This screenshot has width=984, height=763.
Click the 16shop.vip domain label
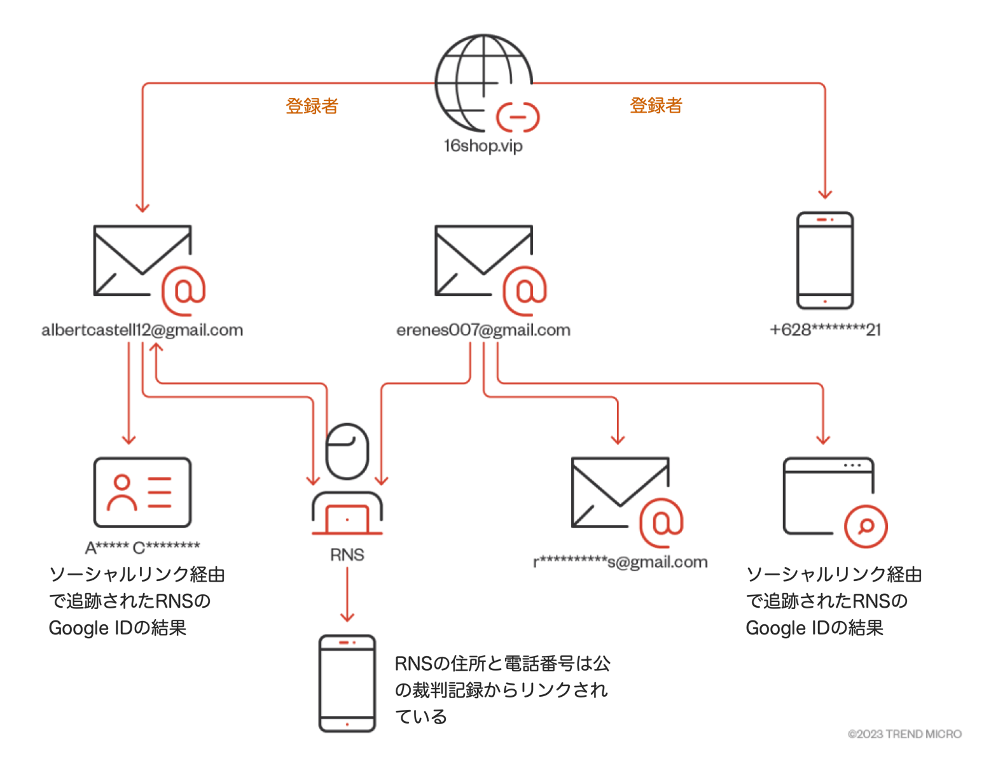click(x=483, y=146)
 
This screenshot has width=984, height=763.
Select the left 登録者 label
click(x=312, y=106)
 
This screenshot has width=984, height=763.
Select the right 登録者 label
click(x=656, y=106)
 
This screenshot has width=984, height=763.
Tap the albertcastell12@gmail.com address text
click(x=142, y=330)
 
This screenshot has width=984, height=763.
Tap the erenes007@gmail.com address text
click(x=483, y=330)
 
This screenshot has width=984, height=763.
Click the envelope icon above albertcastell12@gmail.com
click(x=142, y=261)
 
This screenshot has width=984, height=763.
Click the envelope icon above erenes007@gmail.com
click(x=483, y=261)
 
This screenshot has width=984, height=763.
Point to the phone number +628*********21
click(x=825, y=330)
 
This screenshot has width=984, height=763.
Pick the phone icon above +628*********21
click(x=825, y=260)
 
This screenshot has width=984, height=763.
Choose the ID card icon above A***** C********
click(x=142, y=493)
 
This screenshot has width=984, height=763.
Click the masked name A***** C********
click(x=142, y=547)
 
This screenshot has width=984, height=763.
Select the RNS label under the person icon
click(x=347, y=555)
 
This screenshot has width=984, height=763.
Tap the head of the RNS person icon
click(x=347, y=451)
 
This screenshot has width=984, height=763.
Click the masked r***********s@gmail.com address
click(x=620, y=562)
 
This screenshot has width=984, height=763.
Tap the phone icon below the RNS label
click(x=347, y=683)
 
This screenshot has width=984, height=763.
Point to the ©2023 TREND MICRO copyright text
click(x=904, y=734)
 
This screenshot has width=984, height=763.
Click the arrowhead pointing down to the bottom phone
click(x=347, y=617)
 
